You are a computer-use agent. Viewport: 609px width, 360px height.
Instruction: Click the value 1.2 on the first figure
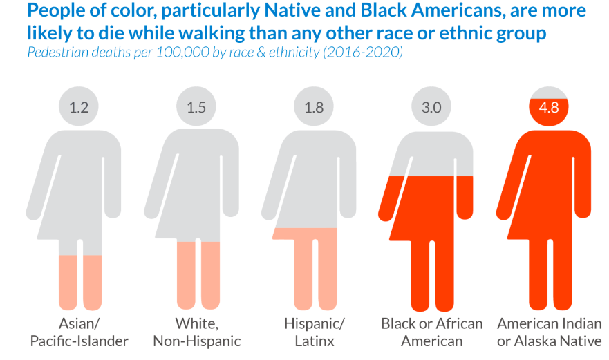(79, 108)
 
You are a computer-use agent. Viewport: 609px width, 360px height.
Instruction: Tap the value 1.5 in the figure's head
(196, 108)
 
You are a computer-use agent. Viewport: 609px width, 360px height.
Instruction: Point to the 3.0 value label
(431, 108)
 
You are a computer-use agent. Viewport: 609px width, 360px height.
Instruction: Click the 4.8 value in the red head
(549, 108)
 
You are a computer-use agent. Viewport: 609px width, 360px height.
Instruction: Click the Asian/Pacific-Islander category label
(79, 332)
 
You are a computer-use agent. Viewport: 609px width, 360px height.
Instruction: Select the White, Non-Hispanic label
(196, 332)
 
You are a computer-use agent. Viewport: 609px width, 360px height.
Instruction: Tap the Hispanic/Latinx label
(314, 332)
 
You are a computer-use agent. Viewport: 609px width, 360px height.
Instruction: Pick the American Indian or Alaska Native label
(550, 332)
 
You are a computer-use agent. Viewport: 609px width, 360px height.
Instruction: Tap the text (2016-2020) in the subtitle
(363, 53)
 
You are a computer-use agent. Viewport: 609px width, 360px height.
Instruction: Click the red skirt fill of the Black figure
(425, 207)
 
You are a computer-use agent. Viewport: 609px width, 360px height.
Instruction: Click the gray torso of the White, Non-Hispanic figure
(194, 173)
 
